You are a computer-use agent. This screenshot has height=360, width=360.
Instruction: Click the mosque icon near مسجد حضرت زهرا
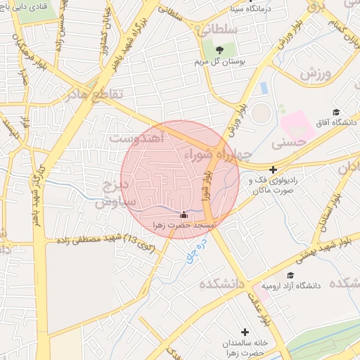coord(184,215)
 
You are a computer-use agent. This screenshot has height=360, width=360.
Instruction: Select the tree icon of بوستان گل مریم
coord(219,49)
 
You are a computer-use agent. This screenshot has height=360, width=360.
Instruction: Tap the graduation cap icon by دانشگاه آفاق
coord(336,112)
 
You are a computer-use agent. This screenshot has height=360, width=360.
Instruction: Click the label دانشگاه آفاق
coord(335,124)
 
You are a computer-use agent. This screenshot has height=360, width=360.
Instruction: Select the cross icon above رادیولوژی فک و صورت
coord(273,169)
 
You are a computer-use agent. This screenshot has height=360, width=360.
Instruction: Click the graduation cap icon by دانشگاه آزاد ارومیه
coord(290,275)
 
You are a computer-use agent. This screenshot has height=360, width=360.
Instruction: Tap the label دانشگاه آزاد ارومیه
coord(291,286)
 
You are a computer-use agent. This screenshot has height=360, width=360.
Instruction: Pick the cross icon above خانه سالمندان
coord(245,332)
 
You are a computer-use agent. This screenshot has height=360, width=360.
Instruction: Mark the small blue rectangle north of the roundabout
coord(264,89)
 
